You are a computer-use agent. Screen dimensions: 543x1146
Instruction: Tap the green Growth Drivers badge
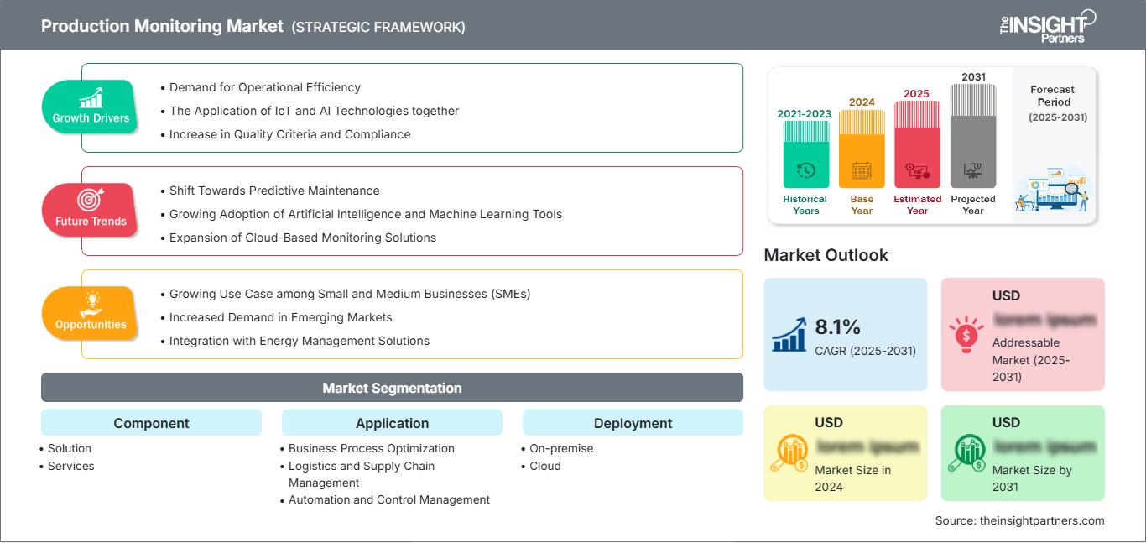pyautogui.click(x=91, y=107)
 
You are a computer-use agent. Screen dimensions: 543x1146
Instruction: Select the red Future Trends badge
pyautogui.click(x=91, y=210)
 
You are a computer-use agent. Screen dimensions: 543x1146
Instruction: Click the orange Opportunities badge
pyautogui.click(x=91, y=313)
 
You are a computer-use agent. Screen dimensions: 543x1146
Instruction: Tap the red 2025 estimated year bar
pyautogui.click(x=917, y=144)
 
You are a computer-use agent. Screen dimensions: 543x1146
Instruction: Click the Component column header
pyautogui.click(x=151, y=423)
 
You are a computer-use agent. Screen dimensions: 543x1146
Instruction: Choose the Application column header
pyautogui.click(x=392, y=423)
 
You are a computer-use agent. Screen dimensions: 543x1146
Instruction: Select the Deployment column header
pyautogui.click(x=633, y=423)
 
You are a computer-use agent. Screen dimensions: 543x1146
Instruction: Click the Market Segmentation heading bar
pyautogui.click(x=392, y=388)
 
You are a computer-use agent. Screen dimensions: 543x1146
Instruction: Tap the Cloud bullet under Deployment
pyautogui.click(x=544, y=466)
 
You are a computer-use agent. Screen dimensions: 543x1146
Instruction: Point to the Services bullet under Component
pyautogui.click(x=70, y=466)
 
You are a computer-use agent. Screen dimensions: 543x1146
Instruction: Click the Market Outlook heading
pyautogui.click(x=826, y=255)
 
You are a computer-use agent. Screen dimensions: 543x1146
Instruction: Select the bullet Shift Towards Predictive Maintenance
pyautogui.click(x=274, y=191)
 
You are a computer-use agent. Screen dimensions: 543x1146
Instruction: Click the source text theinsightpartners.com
pyautogui.click(x=1019, y=520)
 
